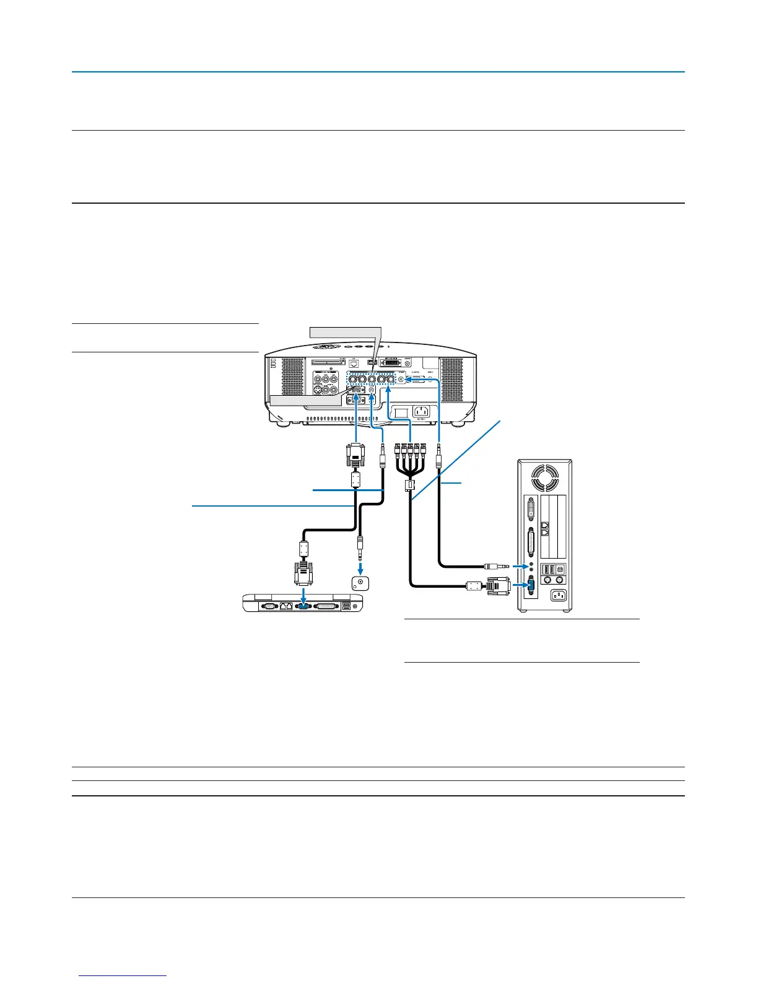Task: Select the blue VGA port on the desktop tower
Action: tap(531, 584)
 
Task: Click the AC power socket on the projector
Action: tap(421, 411)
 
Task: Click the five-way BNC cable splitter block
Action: tap(409, 485)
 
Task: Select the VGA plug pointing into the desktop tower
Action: tap(496, 585)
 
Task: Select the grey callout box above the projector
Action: tap(344, 332)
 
